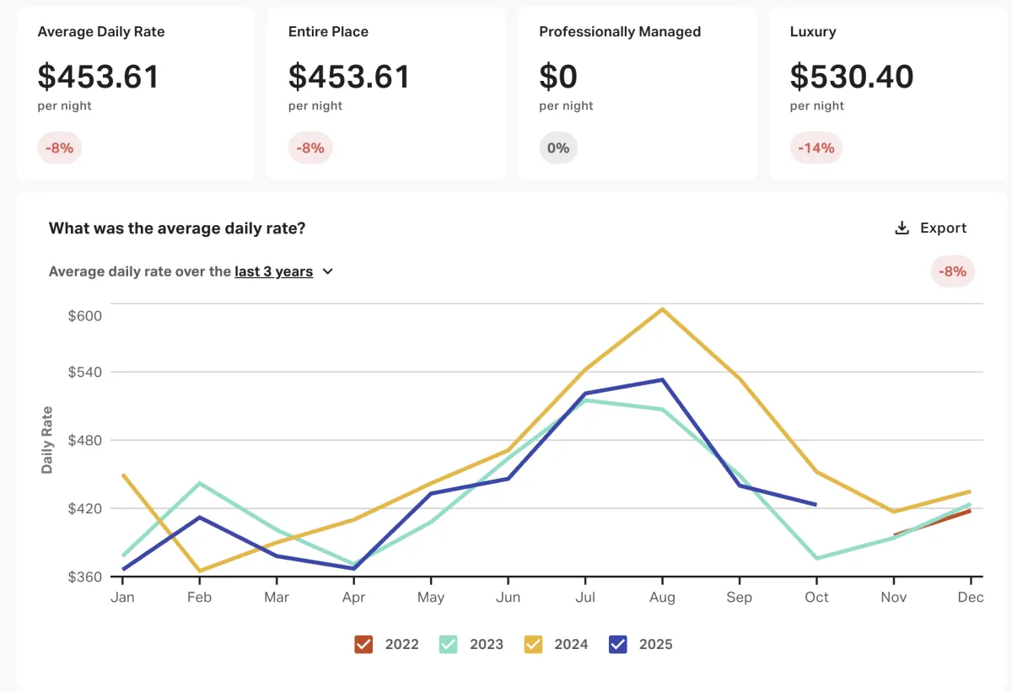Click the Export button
[x=931, y=228]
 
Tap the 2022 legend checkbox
[x=363, y=645]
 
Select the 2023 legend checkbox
[x=448, y=645]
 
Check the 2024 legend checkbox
[x=533, y=645]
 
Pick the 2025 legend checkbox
[x=617, y=645]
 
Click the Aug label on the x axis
[x=662, y=598]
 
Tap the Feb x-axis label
[x=199, y=598]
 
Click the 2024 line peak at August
[x=663, y=309]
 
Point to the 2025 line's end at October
[x=816, y=505]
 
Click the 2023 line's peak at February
[x=199, y=483]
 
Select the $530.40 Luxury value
[x=852, y=77]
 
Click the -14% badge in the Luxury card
[x=816, y=148]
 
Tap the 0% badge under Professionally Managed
[x=558, y=148]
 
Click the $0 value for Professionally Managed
[x=558, y=77]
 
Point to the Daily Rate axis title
[x=47, y=440]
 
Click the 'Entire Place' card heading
[x=328, y=32]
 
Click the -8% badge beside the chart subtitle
[x=953, y=272]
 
